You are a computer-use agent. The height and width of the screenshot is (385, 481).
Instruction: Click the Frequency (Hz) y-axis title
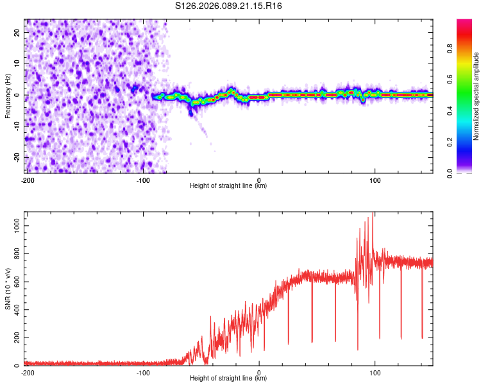(x=8, y=96)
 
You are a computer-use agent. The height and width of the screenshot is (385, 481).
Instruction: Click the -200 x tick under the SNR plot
(x=27, y=372)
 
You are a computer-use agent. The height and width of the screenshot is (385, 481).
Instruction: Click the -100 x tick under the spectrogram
(x=143, y=180)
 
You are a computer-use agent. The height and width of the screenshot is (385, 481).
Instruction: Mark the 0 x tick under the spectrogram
(x=259, y=180)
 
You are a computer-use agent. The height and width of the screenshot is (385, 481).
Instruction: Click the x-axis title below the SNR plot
(x=228, y=379)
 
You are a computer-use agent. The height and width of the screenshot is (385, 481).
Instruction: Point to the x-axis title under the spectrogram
(x=228, y=186)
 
